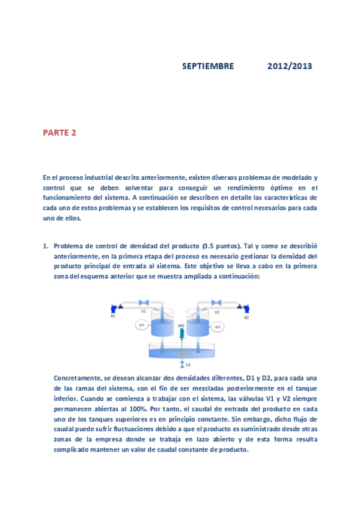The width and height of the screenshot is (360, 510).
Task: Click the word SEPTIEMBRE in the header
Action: click(208, 66)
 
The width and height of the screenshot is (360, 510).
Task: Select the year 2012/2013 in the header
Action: click(290, 66)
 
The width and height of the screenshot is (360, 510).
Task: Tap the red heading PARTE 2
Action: click(59, 133)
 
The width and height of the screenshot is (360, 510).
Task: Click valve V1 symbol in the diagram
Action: click(144, 302)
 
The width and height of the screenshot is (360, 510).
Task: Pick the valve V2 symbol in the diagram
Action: click(217, 302)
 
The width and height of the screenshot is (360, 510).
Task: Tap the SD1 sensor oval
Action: click(142, 325)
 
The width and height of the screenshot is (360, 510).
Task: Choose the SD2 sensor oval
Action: click(218, 327)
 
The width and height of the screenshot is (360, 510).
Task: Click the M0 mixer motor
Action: click(180, 332)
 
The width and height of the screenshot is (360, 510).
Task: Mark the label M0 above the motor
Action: click(180, 325)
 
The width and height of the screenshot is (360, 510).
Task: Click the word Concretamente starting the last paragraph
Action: click(78, 378)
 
